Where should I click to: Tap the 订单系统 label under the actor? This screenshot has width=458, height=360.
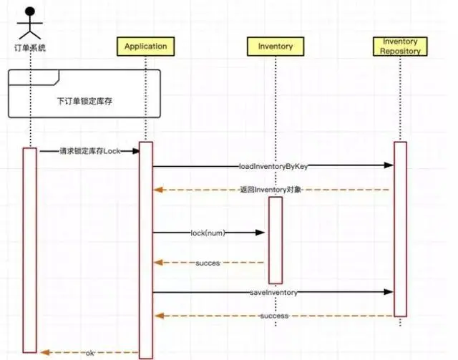(x=30, y=48)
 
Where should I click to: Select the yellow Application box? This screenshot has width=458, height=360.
(x=145, y=47)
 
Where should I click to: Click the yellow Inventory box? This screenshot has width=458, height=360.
(x=275, y=47)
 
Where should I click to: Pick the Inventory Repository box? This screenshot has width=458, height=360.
(x=401, y=47)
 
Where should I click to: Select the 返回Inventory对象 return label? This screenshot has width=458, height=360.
(x=271, y=190)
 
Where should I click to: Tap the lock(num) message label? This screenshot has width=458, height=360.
(x=208, y=233)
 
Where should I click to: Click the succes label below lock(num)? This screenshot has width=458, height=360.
(x=208, y=263)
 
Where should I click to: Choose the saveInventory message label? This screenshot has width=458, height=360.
(x=274, y=292)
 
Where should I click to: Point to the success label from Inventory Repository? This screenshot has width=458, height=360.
(x=274, y=316)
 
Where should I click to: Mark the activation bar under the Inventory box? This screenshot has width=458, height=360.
(x=276, y=240)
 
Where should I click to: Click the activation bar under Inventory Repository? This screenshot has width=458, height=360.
(x=400, y=229)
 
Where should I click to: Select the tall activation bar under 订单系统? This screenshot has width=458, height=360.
(x=29, y=250)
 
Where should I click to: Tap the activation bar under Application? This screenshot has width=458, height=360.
(x=146, y=250)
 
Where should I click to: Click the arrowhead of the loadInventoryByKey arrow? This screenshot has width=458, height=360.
(x=389, y=165)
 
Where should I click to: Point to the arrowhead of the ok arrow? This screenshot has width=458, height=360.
(x=43, y=352)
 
